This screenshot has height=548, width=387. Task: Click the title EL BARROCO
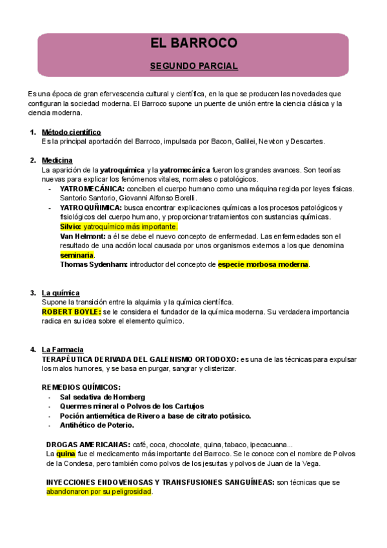coord(193,44)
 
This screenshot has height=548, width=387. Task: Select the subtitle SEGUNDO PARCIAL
coord(193,66)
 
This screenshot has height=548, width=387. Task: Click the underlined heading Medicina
coord(57,160)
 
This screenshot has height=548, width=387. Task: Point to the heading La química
coord(60,293)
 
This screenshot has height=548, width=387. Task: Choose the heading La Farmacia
coord(62,350)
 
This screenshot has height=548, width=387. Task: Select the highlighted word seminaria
coord(77,255)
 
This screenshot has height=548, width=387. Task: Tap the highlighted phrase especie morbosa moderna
coord(263,264)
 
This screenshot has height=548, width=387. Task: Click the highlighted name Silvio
coord(70,227)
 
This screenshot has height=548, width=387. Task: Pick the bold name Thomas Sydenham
coord(93,264)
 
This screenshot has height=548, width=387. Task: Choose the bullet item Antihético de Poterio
coord(97,425)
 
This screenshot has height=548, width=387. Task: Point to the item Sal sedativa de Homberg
coord(103,397)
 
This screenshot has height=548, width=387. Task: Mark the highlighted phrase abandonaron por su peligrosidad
coord(99,491)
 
